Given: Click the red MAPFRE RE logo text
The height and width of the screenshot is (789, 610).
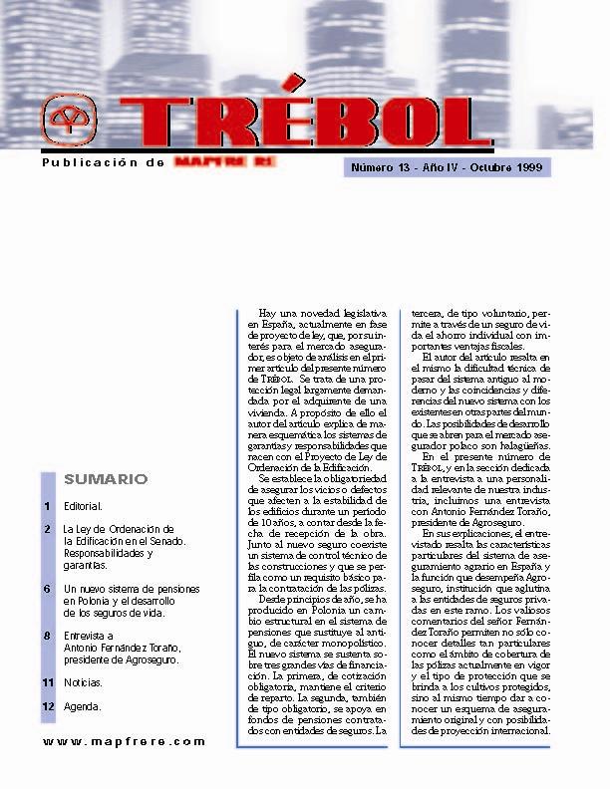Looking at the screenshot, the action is (x=224, y=160).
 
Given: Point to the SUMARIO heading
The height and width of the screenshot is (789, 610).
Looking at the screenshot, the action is (x=106, y=479).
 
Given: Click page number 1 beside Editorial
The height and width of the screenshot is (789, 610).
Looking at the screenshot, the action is (x=47, y=507).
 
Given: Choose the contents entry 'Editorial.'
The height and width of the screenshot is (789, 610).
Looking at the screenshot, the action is (x=82, y=507).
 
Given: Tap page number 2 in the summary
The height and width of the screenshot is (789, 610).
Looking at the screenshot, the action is (x=47, y=529).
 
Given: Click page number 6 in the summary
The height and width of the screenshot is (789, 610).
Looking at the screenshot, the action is (x=47, y=589).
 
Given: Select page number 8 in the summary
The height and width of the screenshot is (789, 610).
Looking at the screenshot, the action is (x=47, y=635).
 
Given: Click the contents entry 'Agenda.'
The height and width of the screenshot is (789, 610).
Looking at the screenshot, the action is (x=82, y=706).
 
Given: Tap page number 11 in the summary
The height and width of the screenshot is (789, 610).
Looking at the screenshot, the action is (x=47, y=682).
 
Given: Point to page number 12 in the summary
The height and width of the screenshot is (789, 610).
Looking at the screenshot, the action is (x=47, y=706).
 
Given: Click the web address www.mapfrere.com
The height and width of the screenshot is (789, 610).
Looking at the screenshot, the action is (x=124, y=741).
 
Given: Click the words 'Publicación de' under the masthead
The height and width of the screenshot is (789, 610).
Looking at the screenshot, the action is (x=103, y=161).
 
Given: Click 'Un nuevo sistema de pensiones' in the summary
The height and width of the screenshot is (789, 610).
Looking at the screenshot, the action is (x=131, y=589).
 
